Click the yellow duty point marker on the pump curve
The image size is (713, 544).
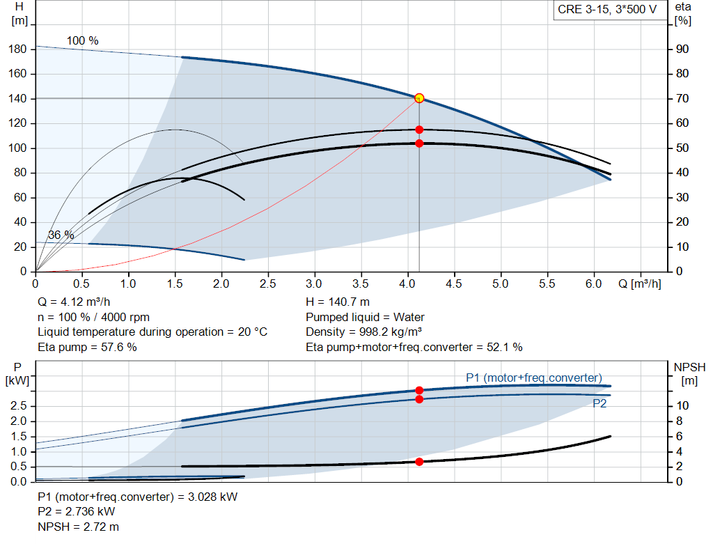point(419,98)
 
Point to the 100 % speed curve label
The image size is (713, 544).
point(82,41)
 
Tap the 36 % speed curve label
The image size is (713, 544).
point(61,235)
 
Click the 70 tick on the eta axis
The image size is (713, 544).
point(683,99)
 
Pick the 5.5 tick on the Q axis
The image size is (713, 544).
point(547,284)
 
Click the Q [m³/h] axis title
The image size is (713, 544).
point(638,284)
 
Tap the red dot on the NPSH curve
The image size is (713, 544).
point(419,462)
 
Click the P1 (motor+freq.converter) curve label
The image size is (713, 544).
point(533,378)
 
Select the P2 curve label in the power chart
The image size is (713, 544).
point(600,403)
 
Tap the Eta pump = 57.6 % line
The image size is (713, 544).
point(87,347)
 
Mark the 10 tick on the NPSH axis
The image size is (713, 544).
point(683,405)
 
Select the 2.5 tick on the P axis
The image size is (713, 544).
point(19,405)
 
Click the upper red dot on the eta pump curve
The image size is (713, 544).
point(419,130)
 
